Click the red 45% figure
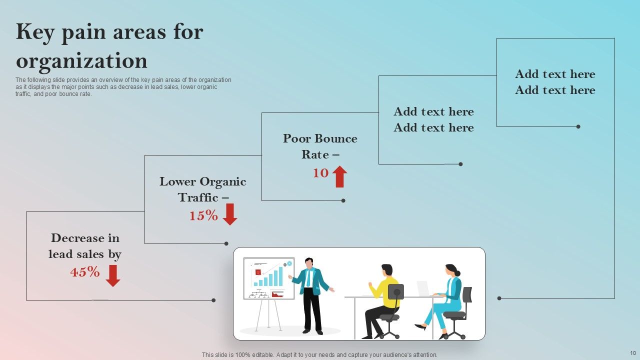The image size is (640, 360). pyautogui.click(x=85, y=272)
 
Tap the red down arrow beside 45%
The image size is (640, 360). pyautogui.click(x=113, y=275)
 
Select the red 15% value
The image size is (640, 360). pyautogui.click(x=203, y=215)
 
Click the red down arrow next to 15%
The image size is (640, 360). pyautogui.click(x=229, y=214)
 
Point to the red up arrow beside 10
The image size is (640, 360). pyautogui.click(x=340, y=176)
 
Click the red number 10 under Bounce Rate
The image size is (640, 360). pyautogui.click(x=320, y=173)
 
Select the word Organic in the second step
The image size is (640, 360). pyautogui.click(x=223, y=181)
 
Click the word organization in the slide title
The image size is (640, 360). pyautogui.click(x=81, y=60)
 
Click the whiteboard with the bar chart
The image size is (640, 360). pyautogui.click(x=269, y=278)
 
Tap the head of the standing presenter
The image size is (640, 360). pyautogui.click(x=309, y=262)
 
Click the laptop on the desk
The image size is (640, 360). pyautogui.click(x=423, y=288)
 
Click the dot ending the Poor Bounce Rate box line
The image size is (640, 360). pyautogui.click(x=343, y=200)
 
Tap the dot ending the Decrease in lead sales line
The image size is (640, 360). pyautogui.click(x=213, y=300)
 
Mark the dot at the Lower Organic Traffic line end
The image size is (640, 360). pyautogui.click(x=226, y=243)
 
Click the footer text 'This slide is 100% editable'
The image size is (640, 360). pyautogui.click(x=319, y=355)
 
